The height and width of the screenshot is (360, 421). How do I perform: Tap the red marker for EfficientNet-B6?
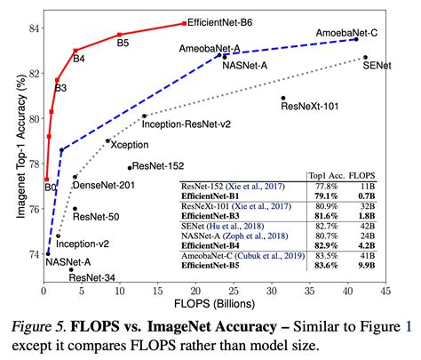[184, 23]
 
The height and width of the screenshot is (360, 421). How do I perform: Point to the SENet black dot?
[365, 57]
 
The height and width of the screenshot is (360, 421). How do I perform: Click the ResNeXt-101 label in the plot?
[309, 107]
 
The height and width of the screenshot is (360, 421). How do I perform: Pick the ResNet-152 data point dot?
[130, 167]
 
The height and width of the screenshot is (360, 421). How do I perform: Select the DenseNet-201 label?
[104, 185]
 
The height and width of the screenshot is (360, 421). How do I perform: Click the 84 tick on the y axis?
[32, 28]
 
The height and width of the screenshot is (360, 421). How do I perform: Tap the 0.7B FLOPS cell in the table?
[366, 195]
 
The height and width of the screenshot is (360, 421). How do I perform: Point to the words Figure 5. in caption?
[46, 326]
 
